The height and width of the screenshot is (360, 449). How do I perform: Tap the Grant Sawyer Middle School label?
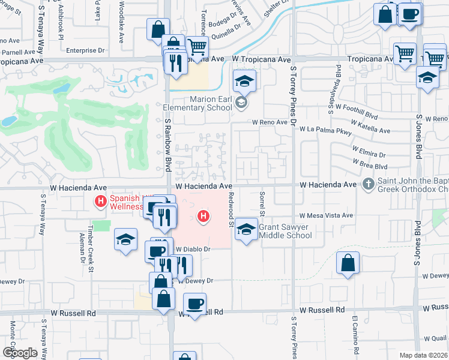click(x=285, y=231)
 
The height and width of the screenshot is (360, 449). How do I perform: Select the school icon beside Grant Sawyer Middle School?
click(x=246, y=230)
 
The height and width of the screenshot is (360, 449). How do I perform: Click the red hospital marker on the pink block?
click(x=205, y=215)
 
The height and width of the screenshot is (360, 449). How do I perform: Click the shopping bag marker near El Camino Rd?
click(x=348, y=263)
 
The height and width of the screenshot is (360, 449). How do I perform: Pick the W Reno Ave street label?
click(x=271, y=122)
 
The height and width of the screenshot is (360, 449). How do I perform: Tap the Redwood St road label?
click(x=232, y=209)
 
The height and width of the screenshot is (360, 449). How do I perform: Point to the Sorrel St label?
click(x=262, y=205)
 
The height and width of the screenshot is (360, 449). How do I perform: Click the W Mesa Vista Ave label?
click(x=327, y=215)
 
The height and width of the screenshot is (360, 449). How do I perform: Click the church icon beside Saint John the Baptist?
click(x=369, y=184)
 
